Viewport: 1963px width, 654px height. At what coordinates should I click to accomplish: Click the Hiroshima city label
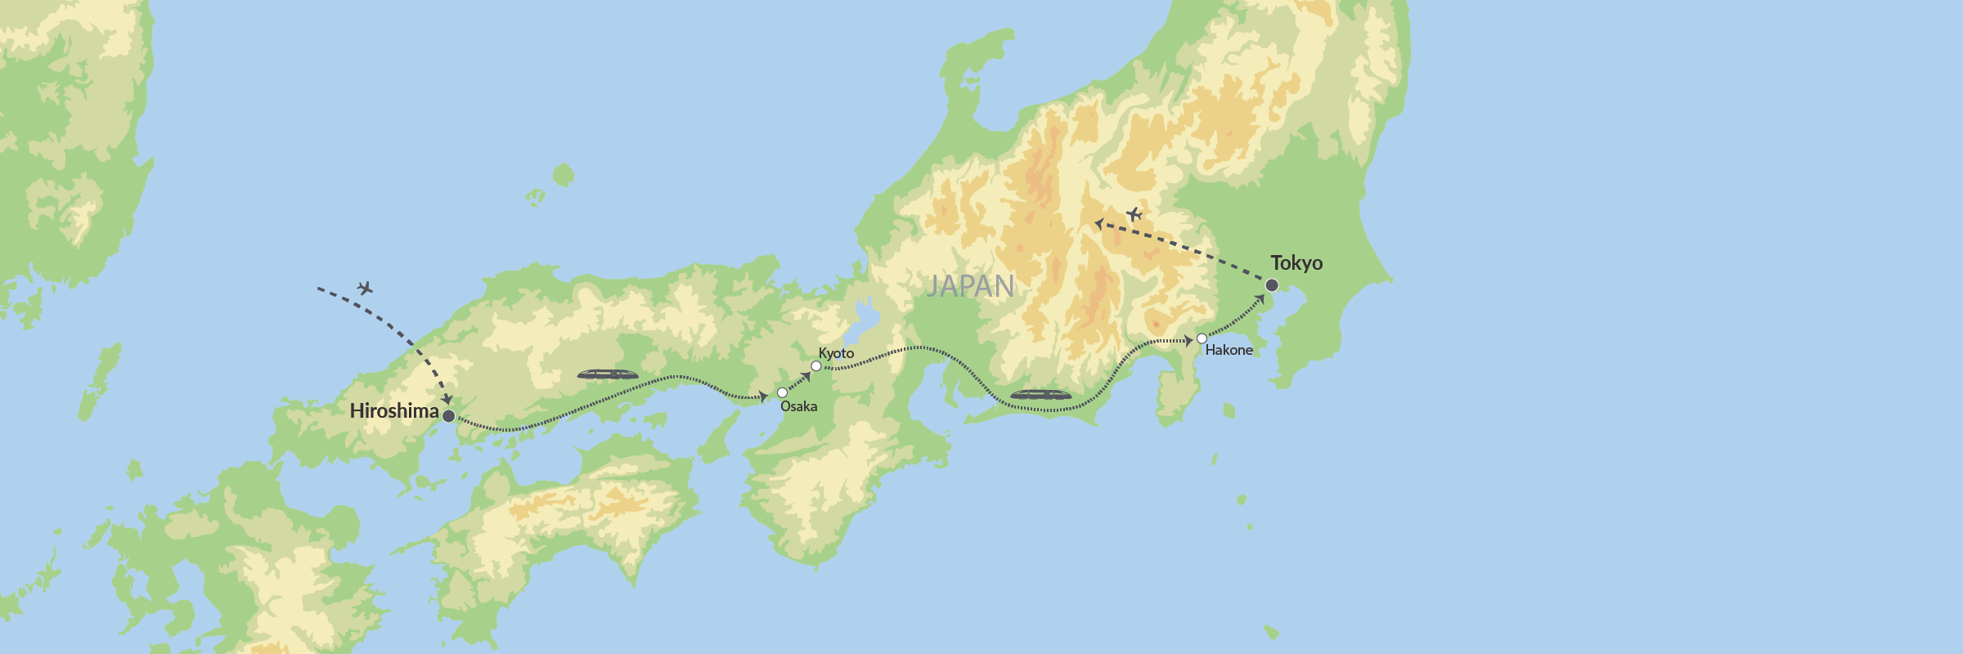click(x=393, y=410)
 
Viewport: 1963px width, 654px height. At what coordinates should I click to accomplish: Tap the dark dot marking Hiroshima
click(x=448, y=416)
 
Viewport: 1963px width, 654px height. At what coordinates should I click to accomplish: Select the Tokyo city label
click(x=1296, y=263)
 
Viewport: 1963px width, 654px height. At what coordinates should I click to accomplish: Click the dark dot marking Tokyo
click(x=1272, y=285)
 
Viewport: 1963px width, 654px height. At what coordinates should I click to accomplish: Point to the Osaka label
click(x=798, y=406)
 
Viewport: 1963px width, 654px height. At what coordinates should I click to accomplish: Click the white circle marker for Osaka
click(x=782, y=392)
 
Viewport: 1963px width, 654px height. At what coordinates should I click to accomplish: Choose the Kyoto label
click(x=836, y=353)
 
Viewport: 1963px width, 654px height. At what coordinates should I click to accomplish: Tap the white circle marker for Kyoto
click(x=815, y=365)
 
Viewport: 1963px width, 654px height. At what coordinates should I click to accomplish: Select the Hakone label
click(x=1229, y=350)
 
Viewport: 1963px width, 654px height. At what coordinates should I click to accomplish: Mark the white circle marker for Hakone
click(x=1202, y=338)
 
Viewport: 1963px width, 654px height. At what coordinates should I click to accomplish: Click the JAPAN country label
click(x=970, y=286)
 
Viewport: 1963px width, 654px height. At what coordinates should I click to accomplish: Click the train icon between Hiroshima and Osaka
click(x=608, y=374)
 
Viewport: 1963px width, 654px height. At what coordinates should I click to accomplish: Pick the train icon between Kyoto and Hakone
click(x=1040, y=395)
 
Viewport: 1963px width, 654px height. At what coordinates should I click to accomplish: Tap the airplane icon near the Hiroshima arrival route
click(x=365, y=288)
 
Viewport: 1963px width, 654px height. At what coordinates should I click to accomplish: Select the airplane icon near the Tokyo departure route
click(x=1134, y=214)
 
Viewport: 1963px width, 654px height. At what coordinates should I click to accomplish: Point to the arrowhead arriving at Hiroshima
click(x=447, y=399)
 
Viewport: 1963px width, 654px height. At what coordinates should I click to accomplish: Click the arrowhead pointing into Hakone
click(x=1188, y=340)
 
